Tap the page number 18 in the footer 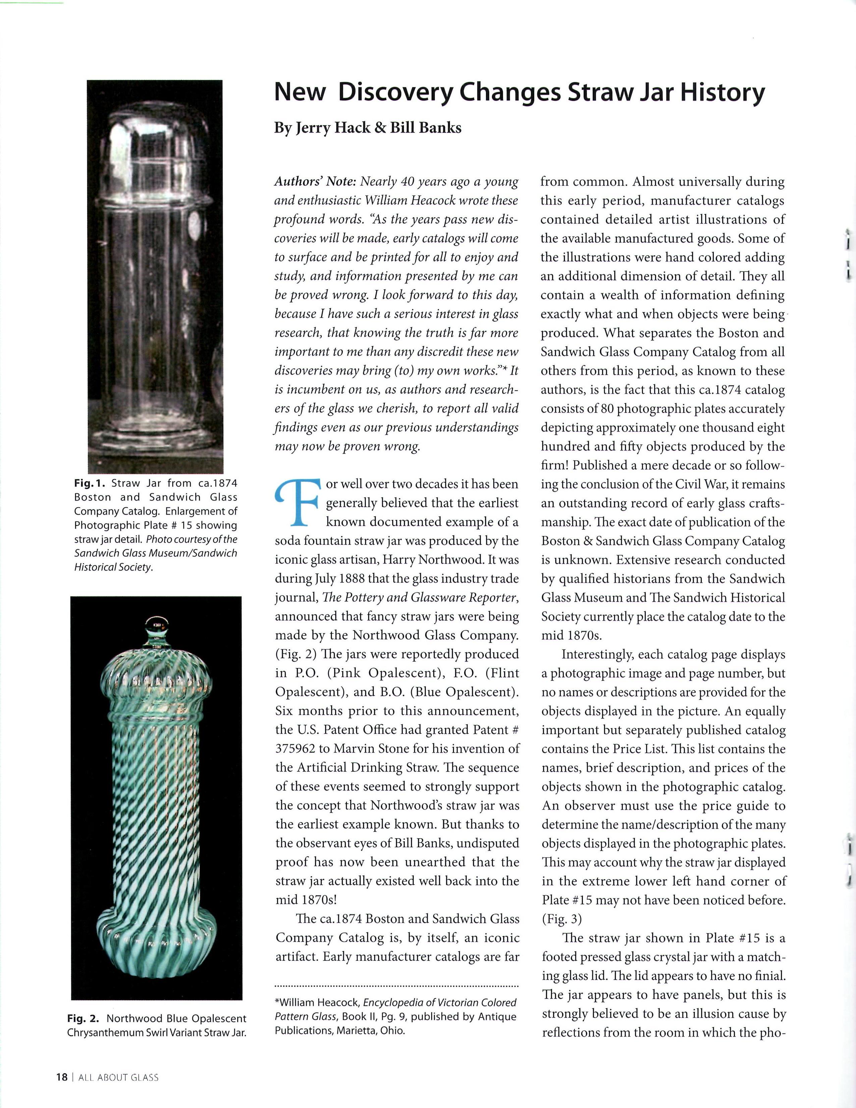coord(61,1077)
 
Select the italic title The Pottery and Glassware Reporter coord(420,598)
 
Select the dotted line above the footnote coord(396,986)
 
